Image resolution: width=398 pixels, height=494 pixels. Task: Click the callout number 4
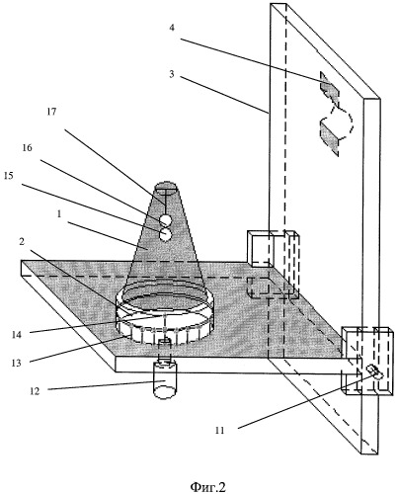172,28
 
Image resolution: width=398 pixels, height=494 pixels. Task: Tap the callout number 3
172,74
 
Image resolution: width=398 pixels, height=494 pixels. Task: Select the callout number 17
51,112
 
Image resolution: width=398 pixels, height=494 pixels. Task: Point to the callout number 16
28,148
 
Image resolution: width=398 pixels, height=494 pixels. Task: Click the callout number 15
9,176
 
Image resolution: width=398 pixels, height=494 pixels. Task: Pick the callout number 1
59,214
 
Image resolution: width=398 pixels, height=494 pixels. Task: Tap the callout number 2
22,242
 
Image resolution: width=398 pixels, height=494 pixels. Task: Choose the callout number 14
17,335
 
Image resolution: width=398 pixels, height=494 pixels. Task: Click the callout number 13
17,363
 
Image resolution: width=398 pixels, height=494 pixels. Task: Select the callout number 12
35,391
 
